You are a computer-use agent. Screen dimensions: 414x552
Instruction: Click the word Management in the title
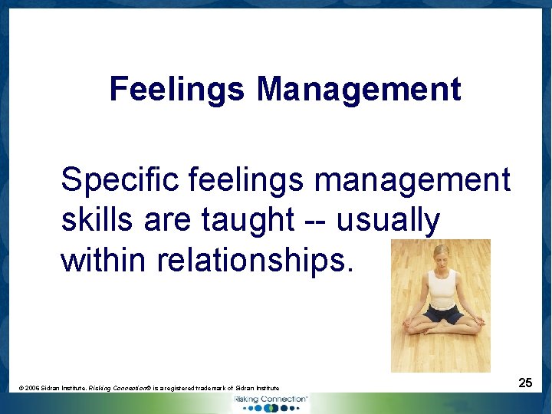359,89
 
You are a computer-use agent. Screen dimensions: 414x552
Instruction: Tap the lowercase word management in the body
412,181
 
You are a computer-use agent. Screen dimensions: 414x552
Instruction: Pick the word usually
389,221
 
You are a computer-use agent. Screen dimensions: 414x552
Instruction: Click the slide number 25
525,382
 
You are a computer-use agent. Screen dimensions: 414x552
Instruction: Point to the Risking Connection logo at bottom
270,402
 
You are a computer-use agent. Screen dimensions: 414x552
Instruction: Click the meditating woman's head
441,255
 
